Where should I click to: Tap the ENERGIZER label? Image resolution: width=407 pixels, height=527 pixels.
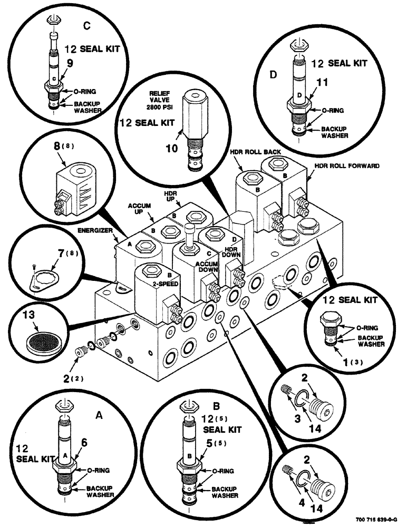click(95, 231)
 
